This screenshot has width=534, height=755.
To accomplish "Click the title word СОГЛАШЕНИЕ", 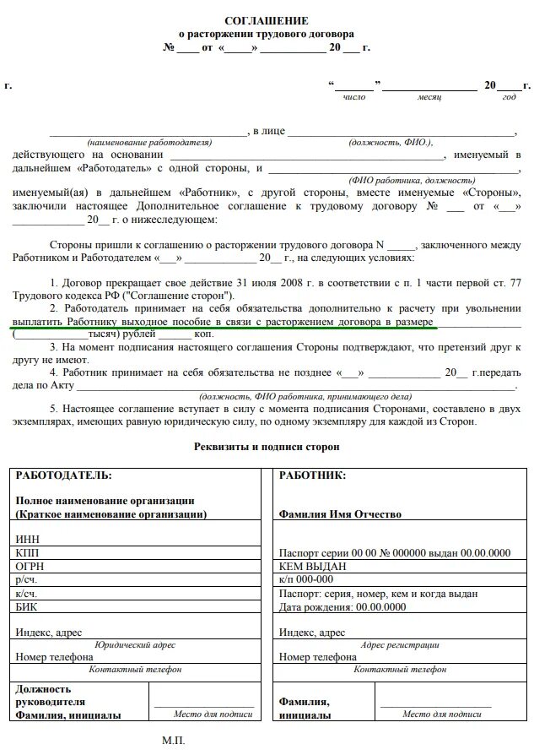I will (267, 19).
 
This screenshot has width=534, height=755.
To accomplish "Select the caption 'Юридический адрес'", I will (136, 644).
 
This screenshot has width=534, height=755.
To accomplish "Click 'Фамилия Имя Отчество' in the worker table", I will (340, 513).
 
